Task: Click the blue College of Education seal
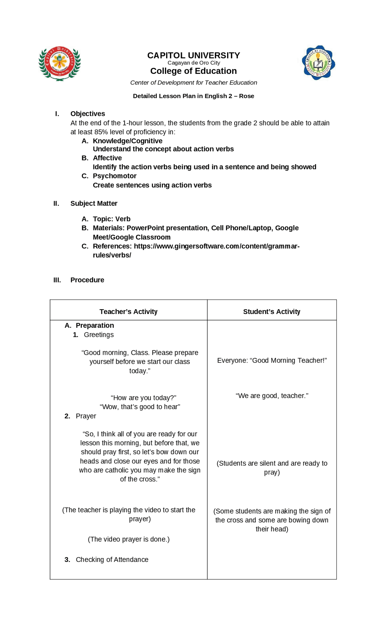(x=318, y=63)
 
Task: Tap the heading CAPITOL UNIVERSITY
(x=193, y=55)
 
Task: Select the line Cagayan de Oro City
(x=193, y=63)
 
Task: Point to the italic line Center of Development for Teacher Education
(x=193, y=83)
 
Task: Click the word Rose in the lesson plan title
(x=246, y=96)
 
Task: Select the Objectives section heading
(x=88, y=114)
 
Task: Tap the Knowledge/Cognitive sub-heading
(x=127, y=141)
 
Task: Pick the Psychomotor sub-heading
(x=115, y=176)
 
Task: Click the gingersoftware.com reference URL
(x=216, y=246)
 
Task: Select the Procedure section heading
(x=87, y=280)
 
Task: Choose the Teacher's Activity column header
(x=128, y=312)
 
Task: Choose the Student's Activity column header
(x=271, y=312)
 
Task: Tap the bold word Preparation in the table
(x=95, y=325)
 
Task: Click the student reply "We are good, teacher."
(x=272, y=396)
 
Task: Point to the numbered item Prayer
(x=86, y=416)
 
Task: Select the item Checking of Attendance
(x=112, y=559)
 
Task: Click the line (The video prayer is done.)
(x=129, y=539)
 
